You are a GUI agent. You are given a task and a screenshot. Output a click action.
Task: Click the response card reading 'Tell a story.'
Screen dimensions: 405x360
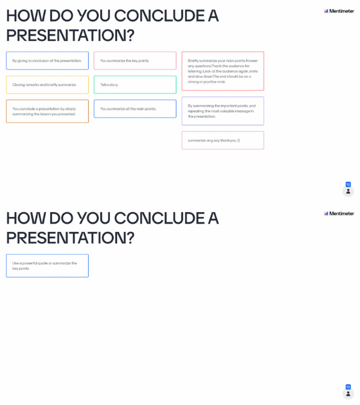pos(135,85)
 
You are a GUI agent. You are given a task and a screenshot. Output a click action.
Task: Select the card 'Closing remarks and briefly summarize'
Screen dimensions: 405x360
pos(47,85)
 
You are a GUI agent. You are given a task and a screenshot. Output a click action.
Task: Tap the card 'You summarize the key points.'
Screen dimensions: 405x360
pos(135,60)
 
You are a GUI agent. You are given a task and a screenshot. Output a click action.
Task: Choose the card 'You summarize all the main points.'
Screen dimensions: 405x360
pos(135,109)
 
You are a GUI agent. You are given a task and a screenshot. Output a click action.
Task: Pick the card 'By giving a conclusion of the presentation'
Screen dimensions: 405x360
pos(47,60)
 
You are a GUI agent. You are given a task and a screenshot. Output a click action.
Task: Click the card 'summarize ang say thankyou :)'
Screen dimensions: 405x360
pos(223,140)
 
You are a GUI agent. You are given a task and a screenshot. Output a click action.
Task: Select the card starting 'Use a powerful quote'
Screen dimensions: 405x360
pos(47,266)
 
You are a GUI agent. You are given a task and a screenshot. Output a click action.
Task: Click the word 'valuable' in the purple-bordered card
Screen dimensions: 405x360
pos(228,111)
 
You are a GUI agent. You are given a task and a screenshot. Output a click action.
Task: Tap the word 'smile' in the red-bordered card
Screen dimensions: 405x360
pos(254,71)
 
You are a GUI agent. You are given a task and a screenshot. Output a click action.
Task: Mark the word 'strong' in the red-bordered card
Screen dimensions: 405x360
pos(194,82)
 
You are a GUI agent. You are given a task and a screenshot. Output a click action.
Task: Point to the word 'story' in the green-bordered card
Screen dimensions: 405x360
pos(113,85)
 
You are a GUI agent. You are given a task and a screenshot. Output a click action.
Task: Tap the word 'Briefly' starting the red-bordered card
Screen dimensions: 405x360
pos(194,60)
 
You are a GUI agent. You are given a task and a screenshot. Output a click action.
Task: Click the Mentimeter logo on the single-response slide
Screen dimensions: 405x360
pos(339,213)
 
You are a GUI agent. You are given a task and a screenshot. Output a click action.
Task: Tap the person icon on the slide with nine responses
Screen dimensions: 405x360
pos(348,191)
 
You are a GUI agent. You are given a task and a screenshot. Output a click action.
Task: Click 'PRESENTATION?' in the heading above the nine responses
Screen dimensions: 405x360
pos(70,35)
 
